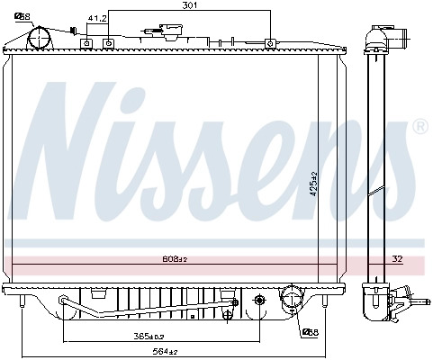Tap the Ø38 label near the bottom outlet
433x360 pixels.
point(309,332)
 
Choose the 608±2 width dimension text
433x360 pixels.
point(174,259)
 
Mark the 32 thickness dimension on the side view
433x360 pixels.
point(397,259)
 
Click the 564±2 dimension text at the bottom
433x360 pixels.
point(165,351)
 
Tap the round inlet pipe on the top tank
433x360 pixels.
point(40,38)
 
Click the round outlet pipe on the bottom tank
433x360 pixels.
point(292,299)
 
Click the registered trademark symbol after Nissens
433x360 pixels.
point(419,129)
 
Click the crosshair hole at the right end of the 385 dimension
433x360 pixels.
point(260,300)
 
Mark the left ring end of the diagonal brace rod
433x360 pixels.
point(63,301)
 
